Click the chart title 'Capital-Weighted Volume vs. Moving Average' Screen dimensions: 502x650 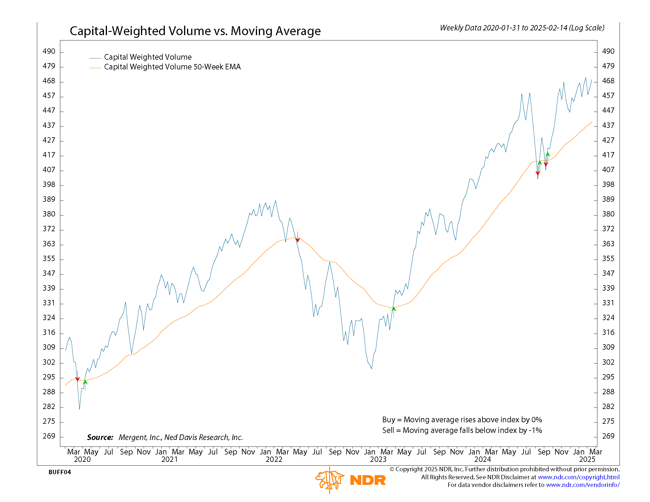pos(195,31)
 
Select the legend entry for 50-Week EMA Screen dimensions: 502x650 pos(172,67)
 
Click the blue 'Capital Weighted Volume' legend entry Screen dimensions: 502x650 pos(148,57)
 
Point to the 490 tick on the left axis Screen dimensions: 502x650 pos(49,51)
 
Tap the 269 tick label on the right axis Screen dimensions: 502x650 pos(608,436)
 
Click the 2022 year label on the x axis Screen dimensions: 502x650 pos(274,459)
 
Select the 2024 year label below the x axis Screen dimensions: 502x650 pos(482,459)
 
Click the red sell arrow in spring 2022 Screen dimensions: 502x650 pos(298,238)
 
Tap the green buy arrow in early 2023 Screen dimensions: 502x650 pos(394,310)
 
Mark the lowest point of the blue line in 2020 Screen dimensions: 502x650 pos(79,409)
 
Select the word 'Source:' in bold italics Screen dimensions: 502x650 pos(100,437)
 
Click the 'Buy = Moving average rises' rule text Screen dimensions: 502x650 pos(462,420)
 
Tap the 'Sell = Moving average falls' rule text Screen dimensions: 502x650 pos(462,430)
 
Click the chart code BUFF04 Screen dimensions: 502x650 pos(60,472)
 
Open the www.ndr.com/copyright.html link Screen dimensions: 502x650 pos(578,477)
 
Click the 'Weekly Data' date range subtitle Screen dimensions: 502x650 pos(522,28)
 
